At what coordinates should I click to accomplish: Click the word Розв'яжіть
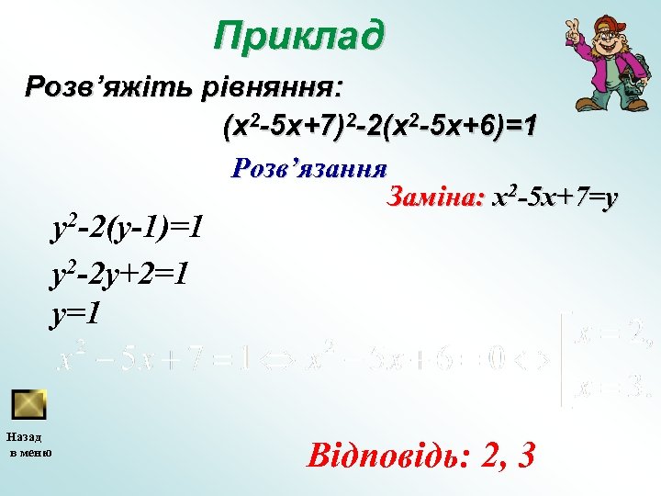click(106, 88)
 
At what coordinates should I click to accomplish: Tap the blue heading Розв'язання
click(309, 168)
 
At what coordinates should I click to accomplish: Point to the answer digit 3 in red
click(526, 455)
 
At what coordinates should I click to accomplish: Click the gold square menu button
click(29, 403)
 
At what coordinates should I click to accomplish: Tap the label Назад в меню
click(30, 444)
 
